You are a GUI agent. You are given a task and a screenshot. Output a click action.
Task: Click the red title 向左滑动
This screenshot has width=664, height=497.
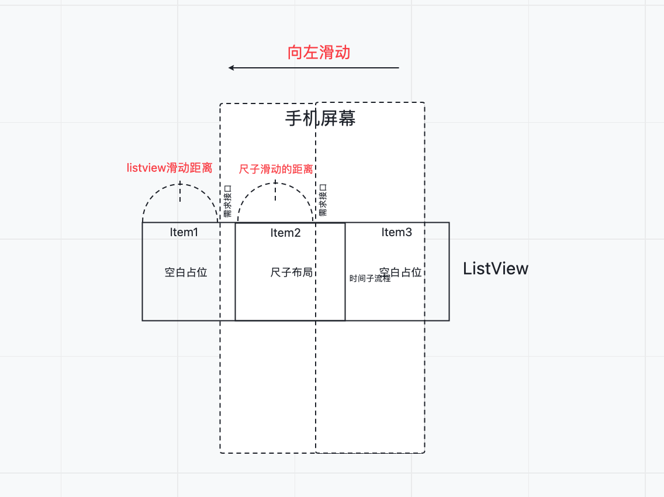point(319,53)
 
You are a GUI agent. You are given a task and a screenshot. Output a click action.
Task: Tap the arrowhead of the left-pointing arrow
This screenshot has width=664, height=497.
point(231,68)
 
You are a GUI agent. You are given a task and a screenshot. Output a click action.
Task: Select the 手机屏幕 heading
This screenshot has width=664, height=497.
point(320,118)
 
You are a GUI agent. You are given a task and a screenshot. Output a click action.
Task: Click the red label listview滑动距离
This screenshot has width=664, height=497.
point(170,168)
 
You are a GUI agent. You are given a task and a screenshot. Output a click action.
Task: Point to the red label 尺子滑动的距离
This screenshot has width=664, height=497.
point(276,169)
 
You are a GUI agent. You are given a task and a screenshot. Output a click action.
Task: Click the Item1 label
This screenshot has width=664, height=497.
point(184,232)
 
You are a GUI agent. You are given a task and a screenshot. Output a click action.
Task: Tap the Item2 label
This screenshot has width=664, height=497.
point(285,233)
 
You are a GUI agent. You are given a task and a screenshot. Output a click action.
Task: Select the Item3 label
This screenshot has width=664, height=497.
point(396,232)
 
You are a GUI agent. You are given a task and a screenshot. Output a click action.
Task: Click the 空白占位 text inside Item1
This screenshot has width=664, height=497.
point(186,272)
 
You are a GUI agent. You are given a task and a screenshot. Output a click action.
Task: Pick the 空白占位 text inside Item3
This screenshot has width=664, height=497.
point(400,272)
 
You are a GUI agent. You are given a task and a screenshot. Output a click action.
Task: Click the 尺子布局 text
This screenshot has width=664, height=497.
point(291,272)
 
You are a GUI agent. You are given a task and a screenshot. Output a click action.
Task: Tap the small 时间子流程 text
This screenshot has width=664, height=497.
point(369,278)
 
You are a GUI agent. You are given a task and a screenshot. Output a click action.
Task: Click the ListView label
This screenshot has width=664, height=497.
point(496,268)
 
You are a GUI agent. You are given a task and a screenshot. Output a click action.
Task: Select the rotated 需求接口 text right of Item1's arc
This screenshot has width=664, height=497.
point(227,201)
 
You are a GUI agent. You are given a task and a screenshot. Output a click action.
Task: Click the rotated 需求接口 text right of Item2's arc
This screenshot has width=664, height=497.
point(323,200)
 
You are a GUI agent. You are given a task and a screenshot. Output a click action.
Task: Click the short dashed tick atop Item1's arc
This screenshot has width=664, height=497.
point(180,192)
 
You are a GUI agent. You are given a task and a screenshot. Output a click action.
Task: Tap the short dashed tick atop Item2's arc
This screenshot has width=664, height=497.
point(275,191)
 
